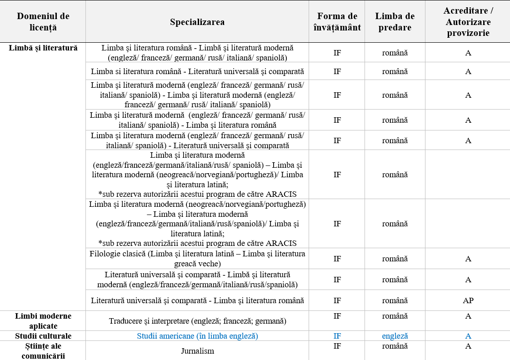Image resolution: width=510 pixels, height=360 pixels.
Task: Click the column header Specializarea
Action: coord(197,22)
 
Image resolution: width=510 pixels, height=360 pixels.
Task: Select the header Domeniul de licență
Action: coord(43,22)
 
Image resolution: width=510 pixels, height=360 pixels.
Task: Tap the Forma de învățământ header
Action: coord(337,22)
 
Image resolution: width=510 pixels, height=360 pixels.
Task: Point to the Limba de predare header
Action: coord(395,22)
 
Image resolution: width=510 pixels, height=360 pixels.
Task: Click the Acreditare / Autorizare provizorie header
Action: coord(468,22)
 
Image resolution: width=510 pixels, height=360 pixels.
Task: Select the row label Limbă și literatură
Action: coord(43,48)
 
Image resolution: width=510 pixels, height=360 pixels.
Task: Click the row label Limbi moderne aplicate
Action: coord(43,320)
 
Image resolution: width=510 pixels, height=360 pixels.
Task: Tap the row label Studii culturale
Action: coord(43,336)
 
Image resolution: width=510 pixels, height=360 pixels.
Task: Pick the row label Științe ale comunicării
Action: coord(43,350)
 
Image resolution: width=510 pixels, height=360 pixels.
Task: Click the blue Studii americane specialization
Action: coord(197,336)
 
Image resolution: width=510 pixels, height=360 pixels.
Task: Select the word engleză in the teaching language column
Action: coord(395,336)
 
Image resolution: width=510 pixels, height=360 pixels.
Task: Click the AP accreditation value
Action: coord(468,300)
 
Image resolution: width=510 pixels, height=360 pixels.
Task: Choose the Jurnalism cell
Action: coord(197,351)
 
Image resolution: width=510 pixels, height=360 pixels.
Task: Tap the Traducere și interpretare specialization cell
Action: coord(197,321)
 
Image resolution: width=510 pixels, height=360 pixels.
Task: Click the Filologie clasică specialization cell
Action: coord(197,259)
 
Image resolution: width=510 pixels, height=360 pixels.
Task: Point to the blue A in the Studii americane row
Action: coord(468,336)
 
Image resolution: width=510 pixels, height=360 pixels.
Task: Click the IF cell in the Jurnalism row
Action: coord(337,346)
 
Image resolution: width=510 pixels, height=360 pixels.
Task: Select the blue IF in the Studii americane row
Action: coord(337,336)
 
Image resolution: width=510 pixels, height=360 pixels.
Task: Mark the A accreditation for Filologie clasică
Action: coord(468,259)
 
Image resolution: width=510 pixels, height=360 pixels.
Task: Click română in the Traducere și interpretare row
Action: coord(395,316)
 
